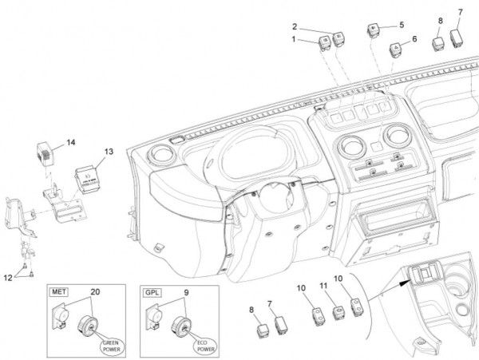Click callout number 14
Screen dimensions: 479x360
[x=71, y=142]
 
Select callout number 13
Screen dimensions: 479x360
[x=109, y=152]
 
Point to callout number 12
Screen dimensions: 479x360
[x=8, y=278]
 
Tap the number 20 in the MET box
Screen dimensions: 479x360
[x=95, y=292]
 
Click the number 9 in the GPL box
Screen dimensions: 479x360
[x=186, y=292]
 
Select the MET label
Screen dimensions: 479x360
[x=59, y=292]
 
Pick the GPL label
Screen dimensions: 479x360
[x=152, y=293]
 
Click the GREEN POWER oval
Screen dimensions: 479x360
[x=112, y=346]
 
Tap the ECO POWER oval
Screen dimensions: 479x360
[x=205, y=346]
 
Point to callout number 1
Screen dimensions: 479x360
[x=294, y=39]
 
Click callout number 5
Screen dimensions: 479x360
[x=402, y=25]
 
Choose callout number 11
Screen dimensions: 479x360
[x=323, y=286]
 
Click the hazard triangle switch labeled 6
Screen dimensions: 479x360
[x=395, y=50]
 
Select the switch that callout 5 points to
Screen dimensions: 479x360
[x=374, y=30]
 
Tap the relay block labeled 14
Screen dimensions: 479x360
[x=46, y=154]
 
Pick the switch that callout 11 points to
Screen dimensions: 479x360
[x=338, y=313]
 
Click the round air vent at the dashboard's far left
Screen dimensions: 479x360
[x=160, y=155]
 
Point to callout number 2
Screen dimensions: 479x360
[x=295, y=26]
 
